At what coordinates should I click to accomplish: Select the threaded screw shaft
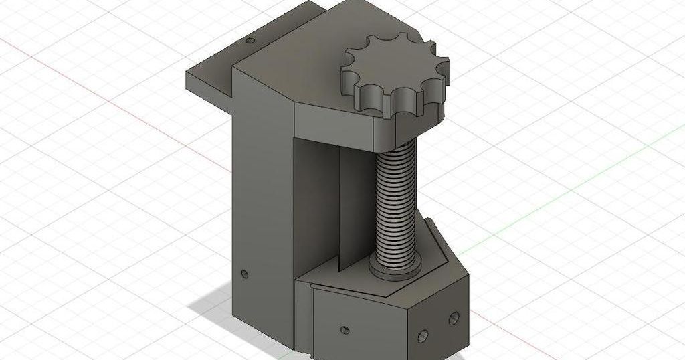click(395, 201)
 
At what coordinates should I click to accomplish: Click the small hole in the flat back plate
click(250, 41)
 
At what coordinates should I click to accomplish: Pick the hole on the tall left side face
click(244, 274)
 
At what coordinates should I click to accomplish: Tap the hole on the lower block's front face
click(345, 330)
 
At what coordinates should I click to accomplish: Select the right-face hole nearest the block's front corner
click(423, 334)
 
